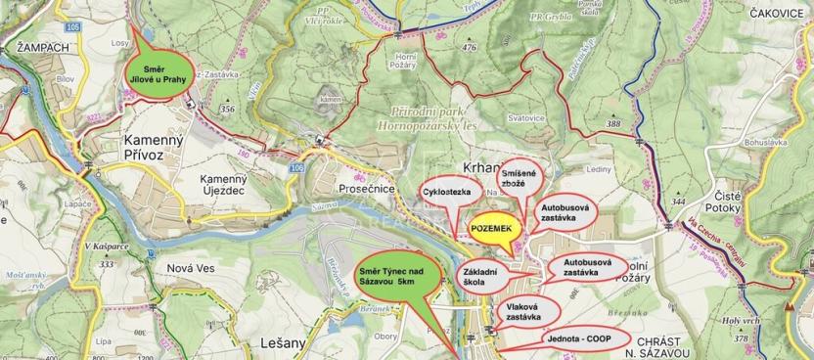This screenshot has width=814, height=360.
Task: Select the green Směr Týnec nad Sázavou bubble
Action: pyautogui.click(x=390, y=276)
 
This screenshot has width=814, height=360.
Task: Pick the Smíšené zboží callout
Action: pyautogui.click(x=520, y=178)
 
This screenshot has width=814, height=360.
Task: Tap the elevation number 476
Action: pyautogui.click(x=470, y=47)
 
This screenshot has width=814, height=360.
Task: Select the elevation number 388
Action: pyautogui.click(x=613, y=124)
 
